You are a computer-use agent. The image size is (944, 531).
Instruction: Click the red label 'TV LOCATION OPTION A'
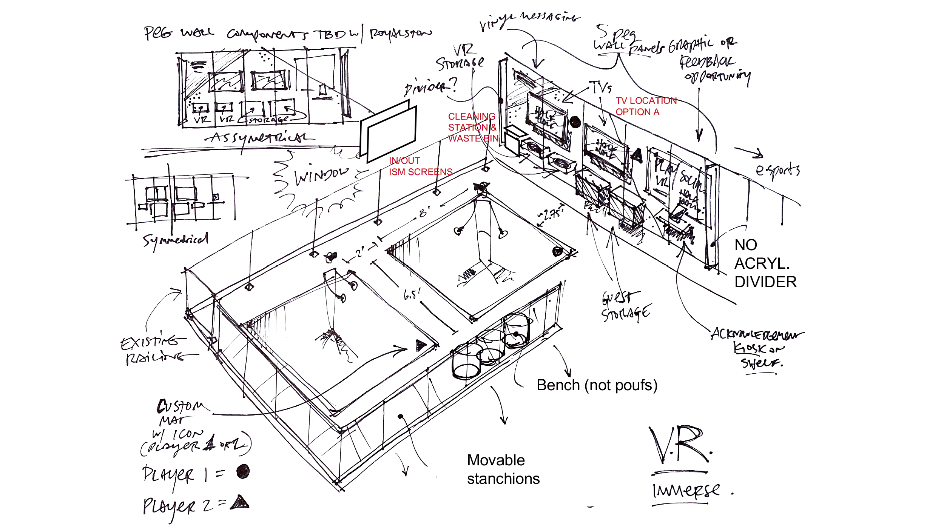click(646, 106)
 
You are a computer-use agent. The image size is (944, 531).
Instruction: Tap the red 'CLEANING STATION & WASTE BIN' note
click(473, 128)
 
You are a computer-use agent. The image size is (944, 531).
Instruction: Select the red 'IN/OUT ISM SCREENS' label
click(420, 166)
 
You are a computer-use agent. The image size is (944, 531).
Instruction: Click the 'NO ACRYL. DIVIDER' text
click(765, 263)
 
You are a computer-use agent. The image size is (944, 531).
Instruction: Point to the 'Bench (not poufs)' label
click(597, 385)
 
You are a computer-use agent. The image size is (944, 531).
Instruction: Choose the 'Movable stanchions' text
click(503, 469)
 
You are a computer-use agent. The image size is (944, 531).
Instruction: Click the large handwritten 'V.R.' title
click(680, 445)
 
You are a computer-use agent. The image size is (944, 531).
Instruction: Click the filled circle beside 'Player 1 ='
click(243, 471)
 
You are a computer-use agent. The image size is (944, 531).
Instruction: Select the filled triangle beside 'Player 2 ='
click(240, 502)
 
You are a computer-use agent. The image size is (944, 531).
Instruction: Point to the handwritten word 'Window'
click(321, 175)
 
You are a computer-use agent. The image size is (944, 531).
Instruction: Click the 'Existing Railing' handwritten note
click(155, 349)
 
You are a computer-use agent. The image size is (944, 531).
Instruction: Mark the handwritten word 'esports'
click(777, 171)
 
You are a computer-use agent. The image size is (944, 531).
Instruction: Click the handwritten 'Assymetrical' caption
click(261, 138)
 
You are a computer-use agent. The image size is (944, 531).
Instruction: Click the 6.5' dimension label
click(412, 294)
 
